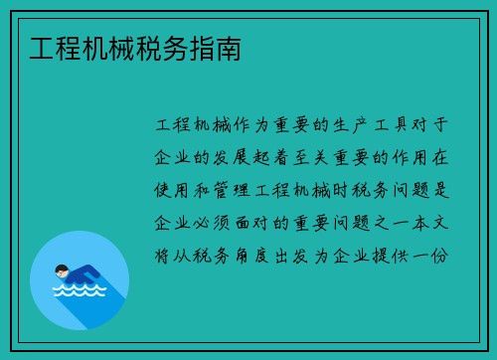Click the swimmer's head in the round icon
pyautogui.click(x=62, y=269)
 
